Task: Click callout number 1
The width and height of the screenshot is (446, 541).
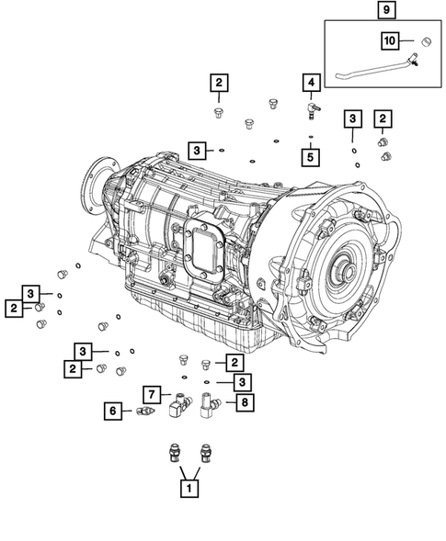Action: (x=189, y=489)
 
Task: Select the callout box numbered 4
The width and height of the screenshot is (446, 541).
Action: (x=312, y=85)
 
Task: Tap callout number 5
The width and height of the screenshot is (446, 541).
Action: (x=312, y=157)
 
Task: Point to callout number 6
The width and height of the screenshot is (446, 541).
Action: (x=115, y=412)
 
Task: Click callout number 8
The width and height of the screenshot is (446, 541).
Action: (x=243, y=402)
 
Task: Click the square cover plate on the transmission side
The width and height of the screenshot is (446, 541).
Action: (x=203, y=249)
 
